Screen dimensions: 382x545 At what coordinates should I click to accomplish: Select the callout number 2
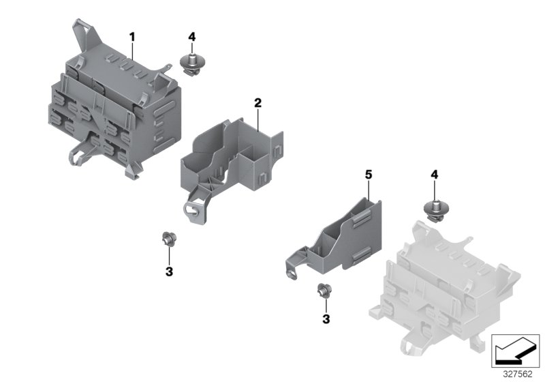pos(258,103)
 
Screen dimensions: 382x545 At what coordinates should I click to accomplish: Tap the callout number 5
pos(369,175)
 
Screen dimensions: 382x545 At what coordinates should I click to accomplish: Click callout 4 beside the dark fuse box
pos(192,36)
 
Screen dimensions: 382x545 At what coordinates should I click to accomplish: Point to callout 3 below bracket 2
pos(170,271)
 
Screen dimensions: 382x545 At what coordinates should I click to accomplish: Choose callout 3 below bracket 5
pos(326,319)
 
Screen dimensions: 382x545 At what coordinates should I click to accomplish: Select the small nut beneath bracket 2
pos(166,239)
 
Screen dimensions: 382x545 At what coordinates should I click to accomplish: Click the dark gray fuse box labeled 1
pos(116,109)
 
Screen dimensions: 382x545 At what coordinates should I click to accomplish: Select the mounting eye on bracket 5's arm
pos(291,273)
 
